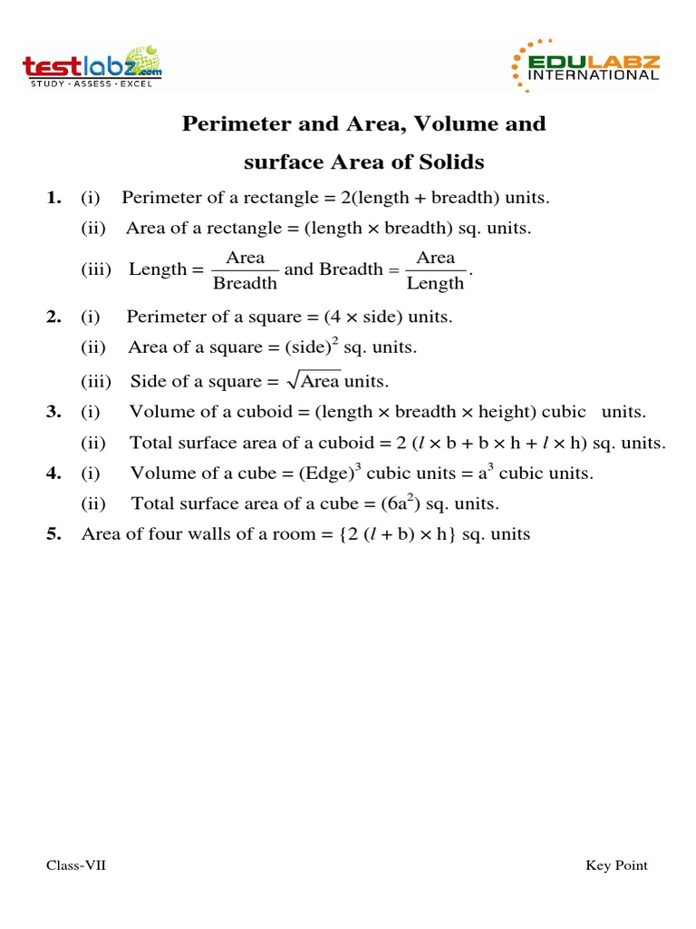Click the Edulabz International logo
586,66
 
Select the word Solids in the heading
451,162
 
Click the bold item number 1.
53,198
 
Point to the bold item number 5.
53,534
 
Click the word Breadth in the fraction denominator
245,283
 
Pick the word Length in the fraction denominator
435,283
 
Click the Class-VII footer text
76,865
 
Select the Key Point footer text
616,865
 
